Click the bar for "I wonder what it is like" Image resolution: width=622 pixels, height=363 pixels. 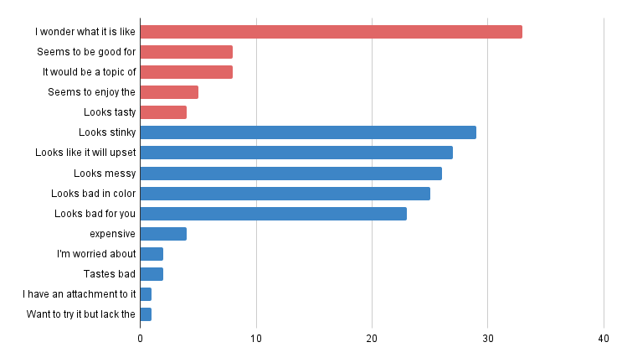tap(332, 32)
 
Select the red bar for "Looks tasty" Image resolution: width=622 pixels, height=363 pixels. tap(163, 112)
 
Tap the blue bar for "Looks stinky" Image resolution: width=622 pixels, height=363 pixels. tap(308, 132)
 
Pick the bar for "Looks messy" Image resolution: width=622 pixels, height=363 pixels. tap(291, 174)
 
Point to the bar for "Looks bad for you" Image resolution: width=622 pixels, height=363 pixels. tap(274, 214)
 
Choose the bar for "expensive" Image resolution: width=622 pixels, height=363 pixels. tap(163, 234)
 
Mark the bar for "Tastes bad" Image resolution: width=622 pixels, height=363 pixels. tap(152, 274)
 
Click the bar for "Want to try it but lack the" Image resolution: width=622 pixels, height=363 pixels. tap(146, 314)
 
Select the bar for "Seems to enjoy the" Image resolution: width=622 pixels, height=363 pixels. tap(169, 92)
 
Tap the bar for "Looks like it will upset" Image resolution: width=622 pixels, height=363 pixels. tap(296, 153)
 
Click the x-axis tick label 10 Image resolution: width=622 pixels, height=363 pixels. tap(256, 339)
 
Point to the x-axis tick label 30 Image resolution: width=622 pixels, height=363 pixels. tap(488, 339)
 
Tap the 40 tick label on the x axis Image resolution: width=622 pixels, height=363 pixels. tap(604, 339)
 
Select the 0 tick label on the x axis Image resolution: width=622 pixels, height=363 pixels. tap(141, 339)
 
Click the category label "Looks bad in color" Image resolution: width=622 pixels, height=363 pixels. tap(93, 194)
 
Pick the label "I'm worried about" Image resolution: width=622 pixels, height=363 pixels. tap(96, 254)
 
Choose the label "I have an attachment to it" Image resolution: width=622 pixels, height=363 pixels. tap(79, 294)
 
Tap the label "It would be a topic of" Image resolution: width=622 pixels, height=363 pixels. tap(90, 72)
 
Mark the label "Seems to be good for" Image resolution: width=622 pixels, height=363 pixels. tap(86, 52)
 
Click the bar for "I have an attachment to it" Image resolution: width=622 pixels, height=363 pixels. tap(146, 294)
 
